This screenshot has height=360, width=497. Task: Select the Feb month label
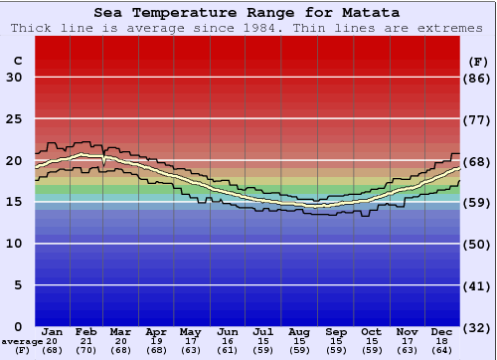pyautogui.click(x=86, y=331)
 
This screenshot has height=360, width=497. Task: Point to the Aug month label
pyautogui.click(x=299, y=331)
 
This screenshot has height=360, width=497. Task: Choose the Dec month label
pyautogui.click(x=442, y=331)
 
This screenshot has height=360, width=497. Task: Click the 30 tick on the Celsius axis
pyautogui.click(x=14, y=78)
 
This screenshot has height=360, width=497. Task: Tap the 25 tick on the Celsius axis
pyautogui.click(x=14, y=119)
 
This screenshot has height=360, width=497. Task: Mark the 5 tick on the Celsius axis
pyautogui.click(x=17, y=285)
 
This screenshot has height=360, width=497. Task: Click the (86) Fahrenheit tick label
pyautogui.click(x=479, y=78)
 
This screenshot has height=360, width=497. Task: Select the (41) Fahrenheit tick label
pyautogui.click(x=479, y=285)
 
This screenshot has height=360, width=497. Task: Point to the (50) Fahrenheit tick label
pyautogui.click(x=479, y=244)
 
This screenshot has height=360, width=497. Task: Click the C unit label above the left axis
pyautogui.click(x=17, y=61)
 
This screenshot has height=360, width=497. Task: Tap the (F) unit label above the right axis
pyautogui.click(x=479, y=61)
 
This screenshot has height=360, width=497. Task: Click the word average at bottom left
pyautogui.click(x=21, y=340)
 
